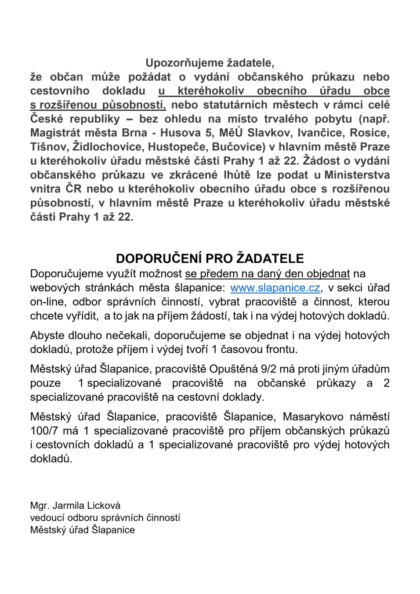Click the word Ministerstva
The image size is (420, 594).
point(354,175)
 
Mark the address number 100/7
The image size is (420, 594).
point(48,430)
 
